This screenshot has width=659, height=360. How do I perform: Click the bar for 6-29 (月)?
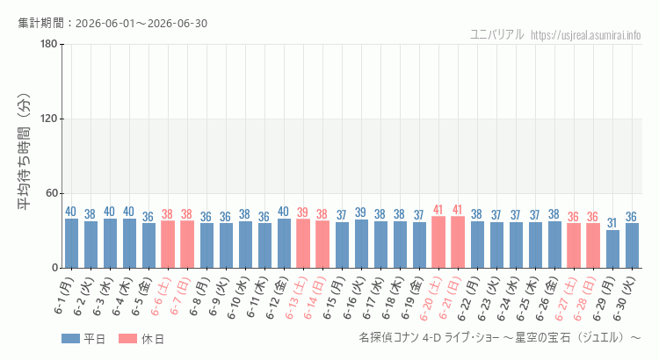click(612, 248)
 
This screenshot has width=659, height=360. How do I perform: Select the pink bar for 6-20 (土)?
click(438, 242)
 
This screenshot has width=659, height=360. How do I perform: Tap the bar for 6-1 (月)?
click(71, 243)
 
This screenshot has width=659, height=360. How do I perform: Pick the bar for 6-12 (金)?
click(284, 243)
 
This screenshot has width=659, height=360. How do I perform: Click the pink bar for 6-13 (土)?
click(303, 243)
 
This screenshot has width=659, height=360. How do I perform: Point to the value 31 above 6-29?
click(612, 223)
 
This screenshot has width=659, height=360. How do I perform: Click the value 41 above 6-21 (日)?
click(458, 210)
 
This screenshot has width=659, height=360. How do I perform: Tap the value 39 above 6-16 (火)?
click(361, 212)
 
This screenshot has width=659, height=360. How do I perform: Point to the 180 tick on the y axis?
click(49, 44)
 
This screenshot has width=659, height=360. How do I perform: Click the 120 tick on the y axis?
click(49, 119)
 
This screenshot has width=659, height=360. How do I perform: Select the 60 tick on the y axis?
click(52, 194)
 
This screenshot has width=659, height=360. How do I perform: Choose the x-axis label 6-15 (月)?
click(334, 299)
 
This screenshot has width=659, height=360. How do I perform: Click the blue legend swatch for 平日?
click(70, 339)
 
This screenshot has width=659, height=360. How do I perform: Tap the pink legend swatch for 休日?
click(127, 339)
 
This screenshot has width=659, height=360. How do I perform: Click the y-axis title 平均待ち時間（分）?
click(25, 152)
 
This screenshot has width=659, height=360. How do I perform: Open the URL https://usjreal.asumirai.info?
click(585, 35)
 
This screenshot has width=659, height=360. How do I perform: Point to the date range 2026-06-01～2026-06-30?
click(141, 24)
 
